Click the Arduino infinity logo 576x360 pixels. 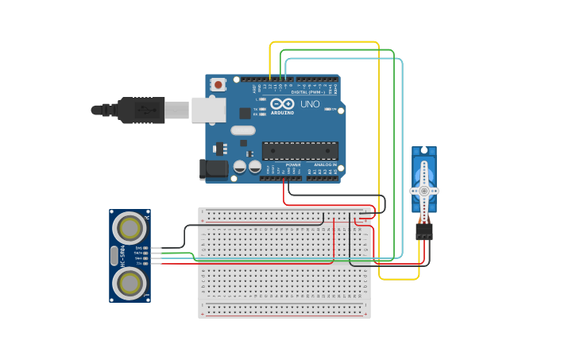coord(282,104)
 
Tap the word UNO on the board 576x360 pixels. coord(310,104)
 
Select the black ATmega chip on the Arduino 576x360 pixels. coord(300,151)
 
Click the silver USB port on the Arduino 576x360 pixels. coord(209,110)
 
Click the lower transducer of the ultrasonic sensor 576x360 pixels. coord(130,283)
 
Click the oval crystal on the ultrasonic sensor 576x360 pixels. coord(114,256)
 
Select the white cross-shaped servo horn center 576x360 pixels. coord(423,191)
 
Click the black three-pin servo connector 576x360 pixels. coord(423,230)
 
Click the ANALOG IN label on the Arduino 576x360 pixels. coord(323,165)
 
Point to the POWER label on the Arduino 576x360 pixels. coord(282,165)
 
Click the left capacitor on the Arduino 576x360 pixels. coord(239,167)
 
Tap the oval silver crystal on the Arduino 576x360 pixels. coord(243,130)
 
